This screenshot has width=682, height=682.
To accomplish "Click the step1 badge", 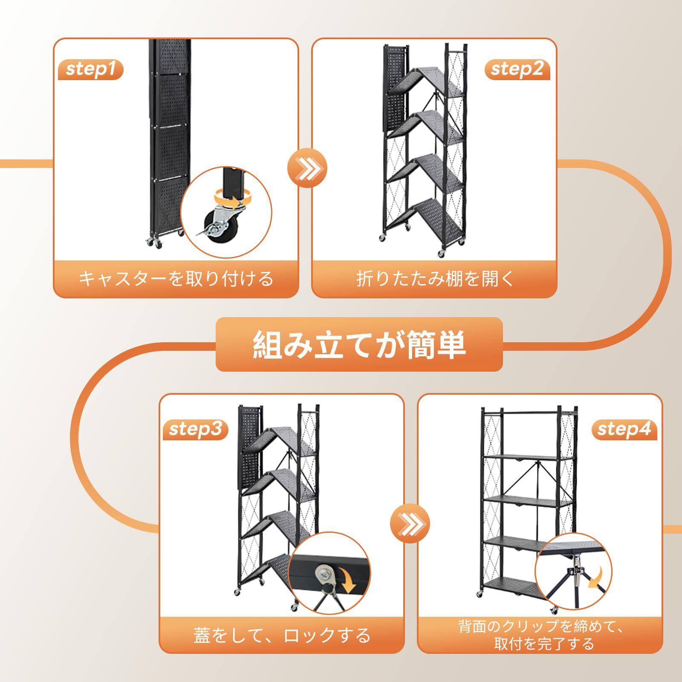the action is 90,69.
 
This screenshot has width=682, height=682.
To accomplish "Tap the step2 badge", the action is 517,69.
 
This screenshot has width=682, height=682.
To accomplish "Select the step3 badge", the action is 196,429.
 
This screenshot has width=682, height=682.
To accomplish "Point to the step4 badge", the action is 624,429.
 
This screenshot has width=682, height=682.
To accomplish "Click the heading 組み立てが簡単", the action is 359,344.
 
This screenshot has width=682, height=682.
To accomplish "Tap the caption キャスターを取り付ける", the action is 176,279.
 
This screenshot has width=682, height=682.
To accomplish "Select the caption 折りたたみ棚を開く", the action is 434,279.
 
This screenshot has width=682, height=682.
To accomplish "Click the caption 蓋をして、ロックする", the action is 281,636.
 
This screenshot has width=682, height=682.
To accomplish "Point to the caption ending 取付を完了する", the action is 544,643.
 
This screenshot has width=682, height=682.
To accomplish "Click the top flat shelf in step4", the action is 520,457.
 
